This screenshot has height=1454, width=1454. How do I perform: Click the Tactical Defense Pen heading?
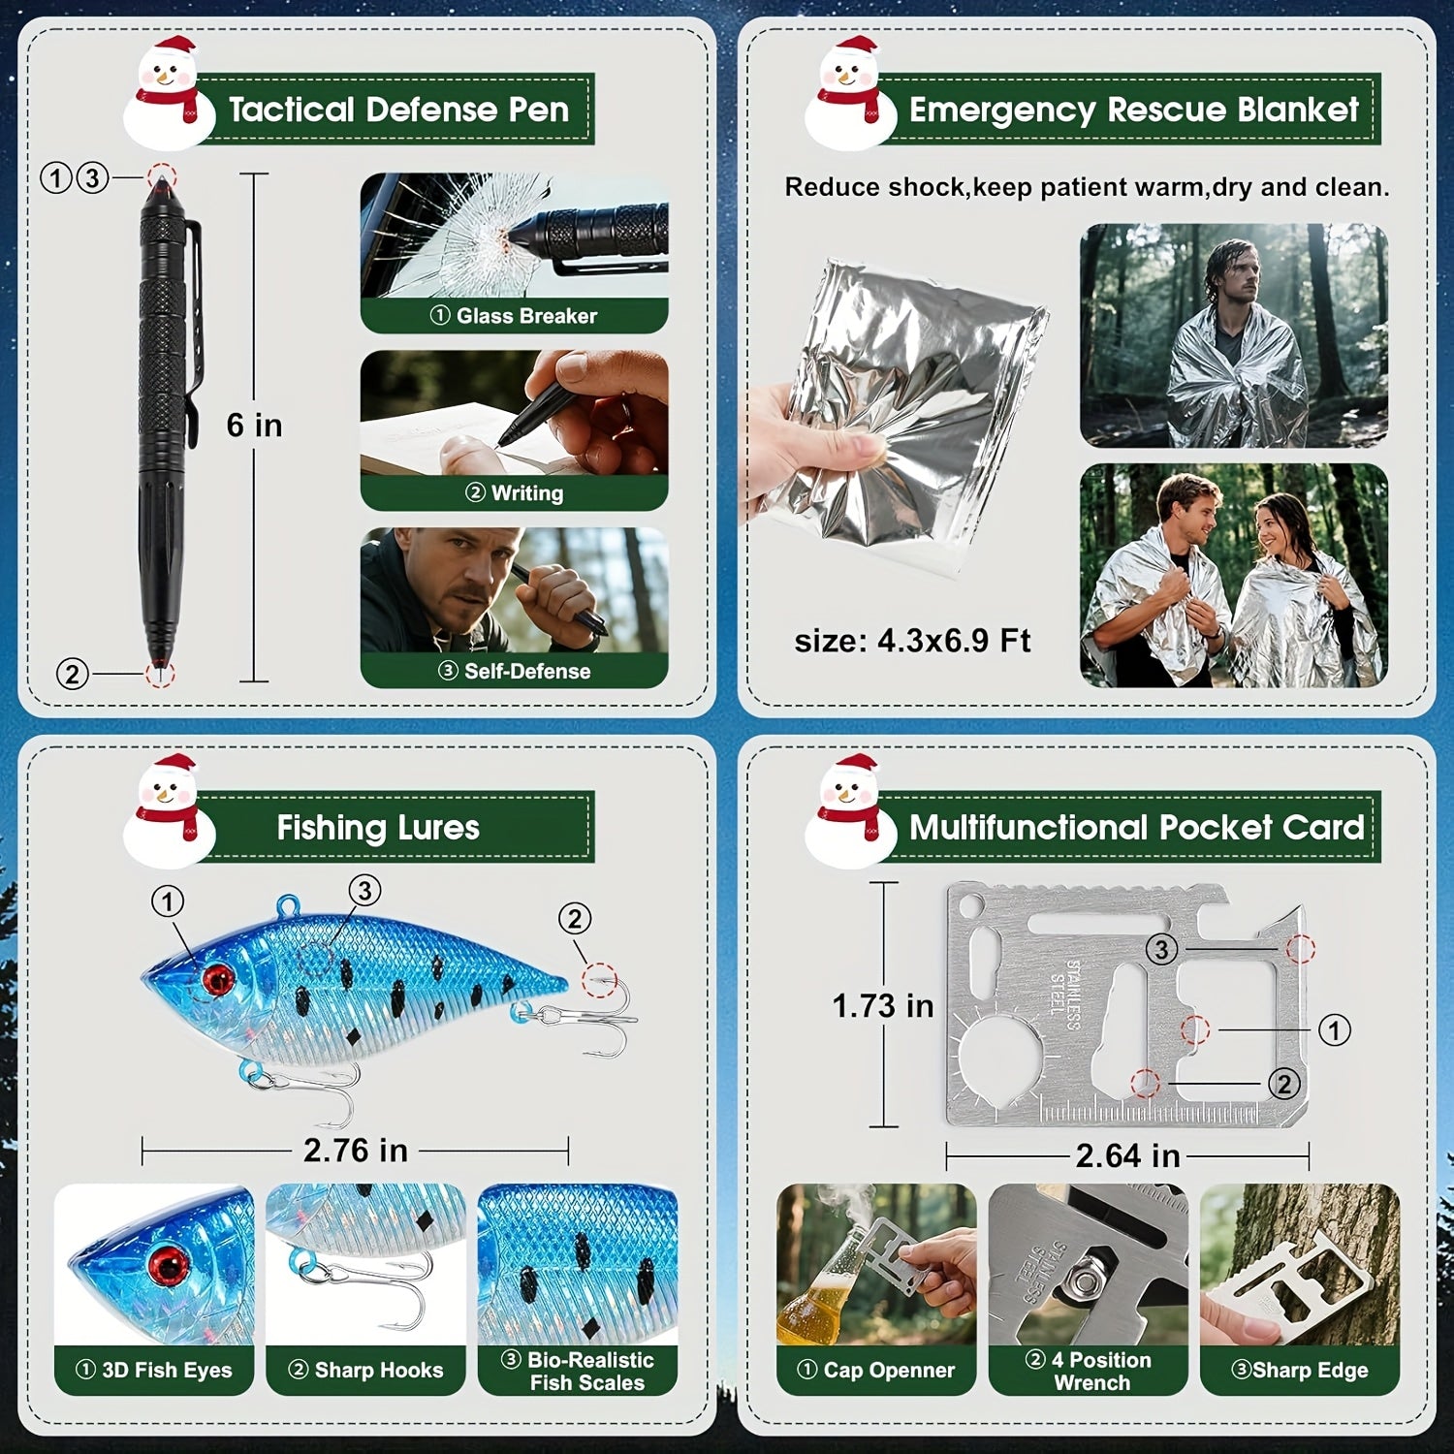point(398,110)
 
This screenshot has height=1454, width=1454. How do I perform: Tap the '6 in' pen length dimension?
point(254,426)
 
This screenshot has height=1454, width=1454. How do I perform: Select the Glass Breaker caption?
point(514,316)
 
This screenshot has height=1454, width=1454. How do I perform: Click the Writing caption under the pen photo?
point(514,493)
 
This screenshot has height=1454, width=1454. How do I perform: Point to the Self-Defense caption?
point(514,671)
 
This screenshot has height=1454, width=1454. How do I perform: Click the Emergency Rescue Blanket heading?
point(1133,110)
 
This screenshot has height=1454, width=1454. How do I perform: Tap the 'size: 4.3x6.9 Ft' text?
point(912,641)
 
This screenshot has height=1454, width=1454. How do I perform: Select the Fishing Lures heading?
point(378,828)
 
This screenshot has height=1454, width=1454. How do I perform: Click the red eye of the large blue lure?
point(217,978)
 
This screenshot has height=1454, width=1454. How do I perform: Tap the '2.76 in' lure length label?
point(355,1151)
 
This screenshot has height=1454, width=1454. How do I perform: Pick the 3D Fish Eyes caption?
point(155,1370)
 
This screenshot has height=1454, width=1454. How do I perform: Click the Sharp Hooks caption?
point(366,1370)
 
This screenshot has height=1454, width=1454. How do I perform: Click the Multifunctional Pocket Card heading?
point(1136,828)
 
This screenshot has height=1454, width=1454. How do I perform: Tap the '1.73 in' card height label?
point(883,1006)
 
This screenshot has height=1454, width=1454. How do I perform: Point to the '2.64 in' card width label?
point(1127,1155)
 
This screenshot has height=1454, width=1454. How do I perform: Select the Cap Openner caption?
point(876,1370)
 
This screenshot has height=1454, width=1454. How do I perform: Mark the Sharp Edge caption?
point(1300,1370)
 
